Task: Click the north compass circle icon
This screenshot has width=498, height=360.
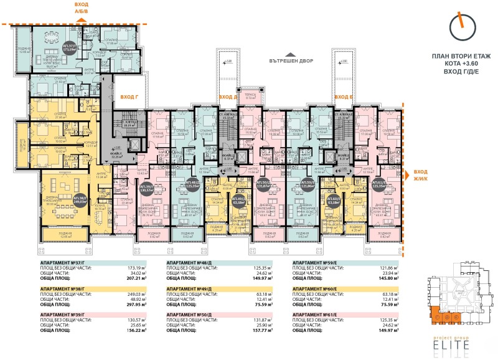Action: click(462, 28)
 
